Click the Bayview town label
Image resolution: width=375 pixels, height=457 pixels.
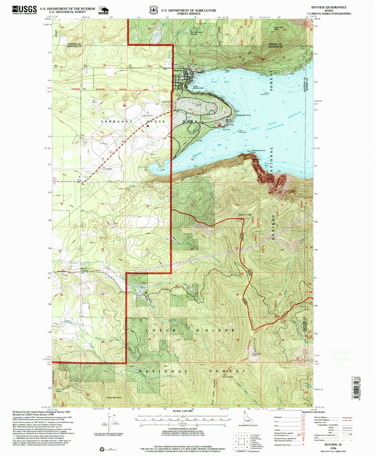178,70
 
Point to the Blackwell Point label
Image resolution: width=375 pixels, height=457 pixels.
243,115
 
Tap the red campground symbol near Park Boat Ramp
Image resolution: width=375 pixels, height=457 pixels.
219,124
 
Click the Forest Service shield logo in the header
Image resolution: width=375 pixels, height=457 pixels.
153,10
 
